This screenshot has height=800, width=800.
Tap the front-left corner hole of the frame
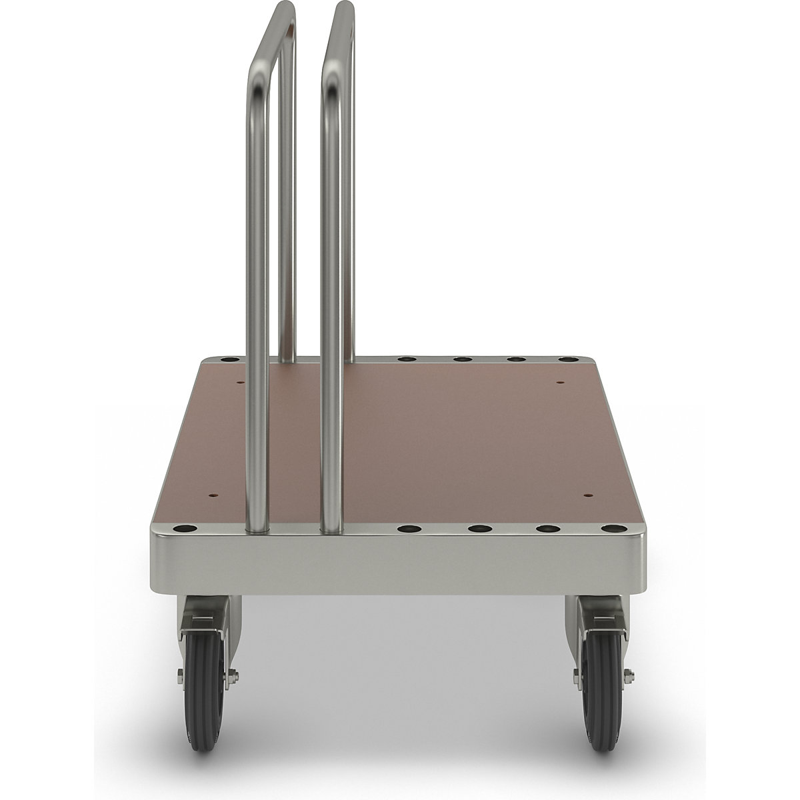(184, 529)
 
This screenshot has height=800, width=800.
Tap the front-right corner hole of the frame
(609, 529)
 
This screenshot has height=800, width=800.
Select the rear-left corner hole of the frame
(229, 360)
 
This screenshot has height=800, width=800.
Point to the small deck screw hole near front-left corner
(213, 495)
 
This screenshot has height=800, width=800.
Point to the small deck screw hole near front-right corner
(588, 495)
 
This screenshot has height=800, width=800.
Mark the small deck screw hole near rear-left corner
(241, 383)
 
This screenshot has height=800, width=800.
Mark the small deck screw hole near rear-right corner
(559, 383)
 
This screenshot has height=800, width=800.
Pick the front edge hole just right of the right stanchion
(408, 529)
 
